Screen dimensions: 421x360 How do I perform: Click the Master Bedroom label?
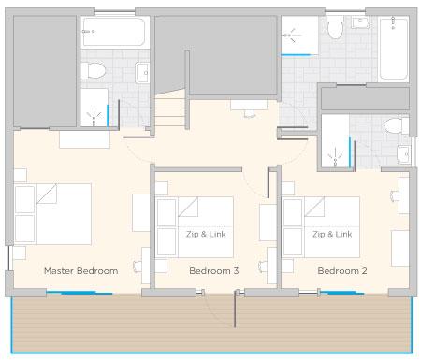[81, 271]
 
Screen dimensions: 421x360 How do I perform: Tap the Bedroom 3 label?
[214, 271]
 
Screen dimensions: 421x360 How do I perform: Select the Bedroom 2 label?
[342, 271]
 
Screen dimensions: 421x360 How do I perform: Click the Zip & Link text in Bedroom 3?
[206, 234]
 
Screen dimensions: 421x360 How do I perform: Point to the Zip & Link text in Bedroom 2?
[332, 234]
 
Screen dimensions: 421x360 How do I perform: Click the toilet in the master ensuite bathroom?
[94, 71]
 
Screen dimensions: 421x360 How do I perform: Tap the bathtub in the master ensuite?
[114, 32]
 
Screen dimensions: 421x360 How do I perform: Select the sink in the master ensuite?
[142, 73]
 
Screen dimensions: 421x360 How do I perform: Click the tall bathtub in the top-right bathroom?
[393, 50]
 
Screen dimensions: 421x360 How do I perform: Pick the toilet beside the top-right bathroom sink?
[336, 27]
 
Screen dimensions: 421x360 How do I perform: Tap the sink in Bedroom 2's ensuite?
[404, 154]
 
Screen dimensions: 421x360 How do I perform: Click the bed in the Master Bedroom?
[52, 214]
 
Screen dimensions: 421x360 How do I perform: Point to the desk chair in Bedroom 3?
[137, 266]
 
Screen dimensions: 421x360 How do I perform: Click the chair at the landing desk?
[250, 113]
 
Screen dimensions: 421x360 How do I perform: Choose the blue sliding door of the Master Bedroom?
[80, 293]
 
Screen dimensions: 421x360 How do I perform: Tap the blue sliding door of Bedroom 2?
[342, 293]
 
